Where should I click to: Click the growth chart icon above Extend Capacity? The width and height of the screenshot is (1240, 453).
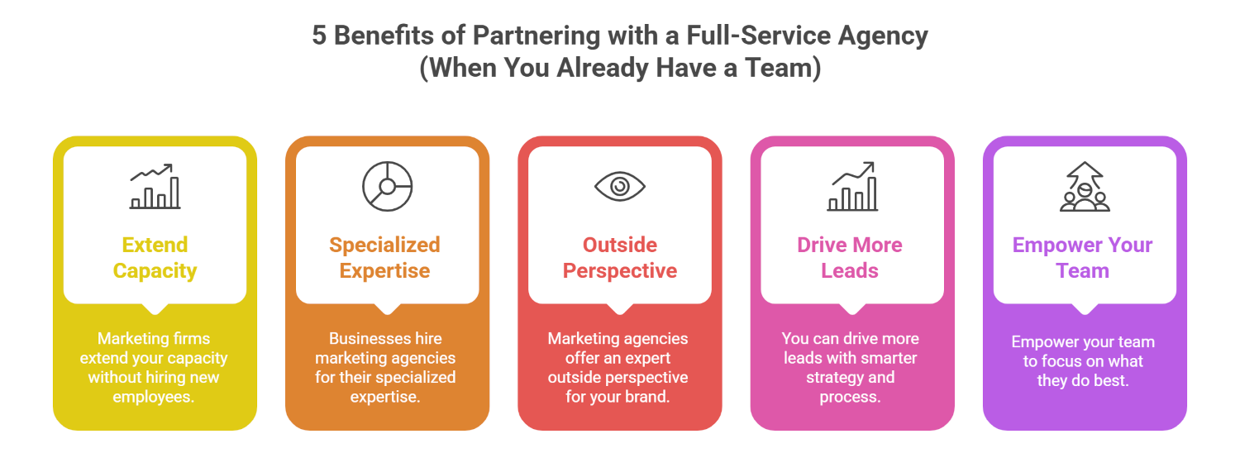(x=155, y=186)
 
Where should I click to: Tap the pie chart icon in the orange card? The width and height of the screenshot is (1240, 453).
(x=387, y=186)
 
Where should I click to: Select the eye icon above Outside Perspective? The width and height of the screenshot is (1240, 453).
(x=619, y=186)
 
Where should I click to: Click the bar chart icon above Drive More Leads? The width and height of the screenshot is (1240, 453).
(x=852, y=186)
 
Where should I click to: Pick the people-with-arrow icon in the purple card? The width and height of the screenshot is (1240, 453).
(x=1085, y=187)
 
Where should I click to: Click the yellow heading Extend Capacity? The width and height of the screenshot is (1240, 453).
(x=155, y=258)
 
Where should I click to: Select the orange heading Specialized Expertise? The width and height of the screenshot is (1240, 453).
(x=384, y=258)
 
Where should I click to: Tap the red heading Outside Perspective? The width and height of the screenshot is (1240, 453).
(x=619, y=258)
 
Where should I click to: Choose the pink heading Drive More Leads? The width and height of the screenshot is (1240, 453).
(x=850, y=258)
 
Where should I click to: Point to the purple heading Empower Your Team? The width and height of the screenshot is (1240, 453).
(x=1082, y=258)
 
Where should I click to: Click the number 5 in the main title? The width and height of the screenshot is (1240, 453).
(x=319, y=36)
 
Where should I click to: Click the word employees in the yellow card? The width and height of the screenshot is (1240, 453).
(x=154, y=397)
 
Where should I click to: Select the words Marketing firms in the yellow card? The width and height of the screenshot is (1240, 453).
(x=154, y=339)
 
